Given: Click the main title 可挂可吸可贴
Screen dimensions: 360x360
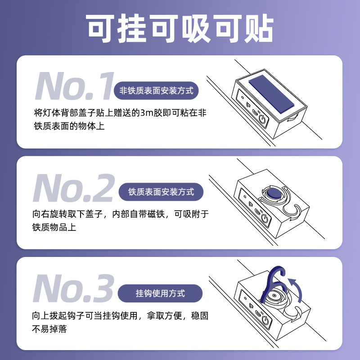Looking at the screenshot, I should (x=180, y=28).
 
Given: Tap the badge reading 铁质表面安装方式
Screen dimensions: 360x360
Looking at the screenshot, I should (x=161, y=192).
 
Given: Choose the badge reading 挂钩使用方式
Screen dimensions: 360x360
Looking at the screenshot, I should (x=160, y=293).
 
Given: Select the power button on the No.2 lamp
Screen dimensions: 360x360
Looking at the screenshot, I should (x=265, y=219).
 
